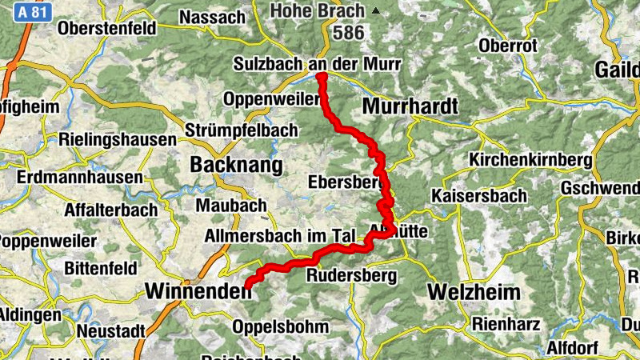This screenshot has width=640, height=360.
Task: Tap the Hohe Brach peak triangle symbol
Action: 376,10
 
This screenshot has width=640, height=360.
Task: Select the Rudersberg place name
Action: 353,276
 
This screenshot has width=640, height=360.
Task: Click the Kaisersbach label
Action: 479,196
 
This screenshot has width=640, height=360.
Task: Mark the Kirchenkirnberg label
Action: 531,159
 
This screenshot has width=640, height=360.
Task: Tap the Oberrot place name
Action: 507,46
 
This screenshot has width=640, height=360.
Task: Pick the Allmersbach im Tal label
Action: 280,236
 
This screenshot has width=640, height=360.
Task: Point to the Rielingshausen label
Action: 117,139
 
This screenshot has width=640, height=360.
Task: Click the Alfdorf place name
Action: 573,348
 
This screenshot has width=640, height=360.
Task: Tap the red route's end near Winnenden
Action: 247,285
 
